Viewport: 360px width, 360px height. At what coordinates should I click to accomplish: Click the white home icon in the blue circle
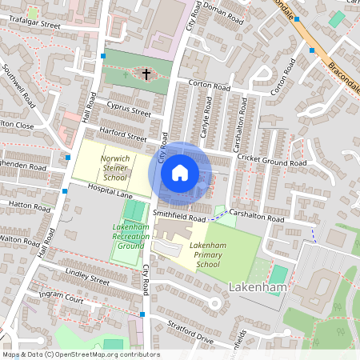(x=180, y=173)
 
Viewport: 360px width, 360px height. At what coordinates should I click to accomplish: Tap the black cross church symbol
(x=146, y=74)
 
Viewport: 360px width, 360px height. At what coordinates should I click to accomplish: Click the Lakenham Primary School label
(x=207, y=254)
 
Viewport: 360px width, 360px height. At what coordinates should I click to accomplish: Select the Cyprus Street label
(x=129, y=110)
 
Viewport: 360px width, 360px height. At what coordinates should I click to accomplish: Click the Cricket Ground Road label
(x=272, y=162)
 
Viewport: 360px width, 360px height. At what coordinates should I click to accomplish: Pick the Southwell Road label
(x=19, y=86)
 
